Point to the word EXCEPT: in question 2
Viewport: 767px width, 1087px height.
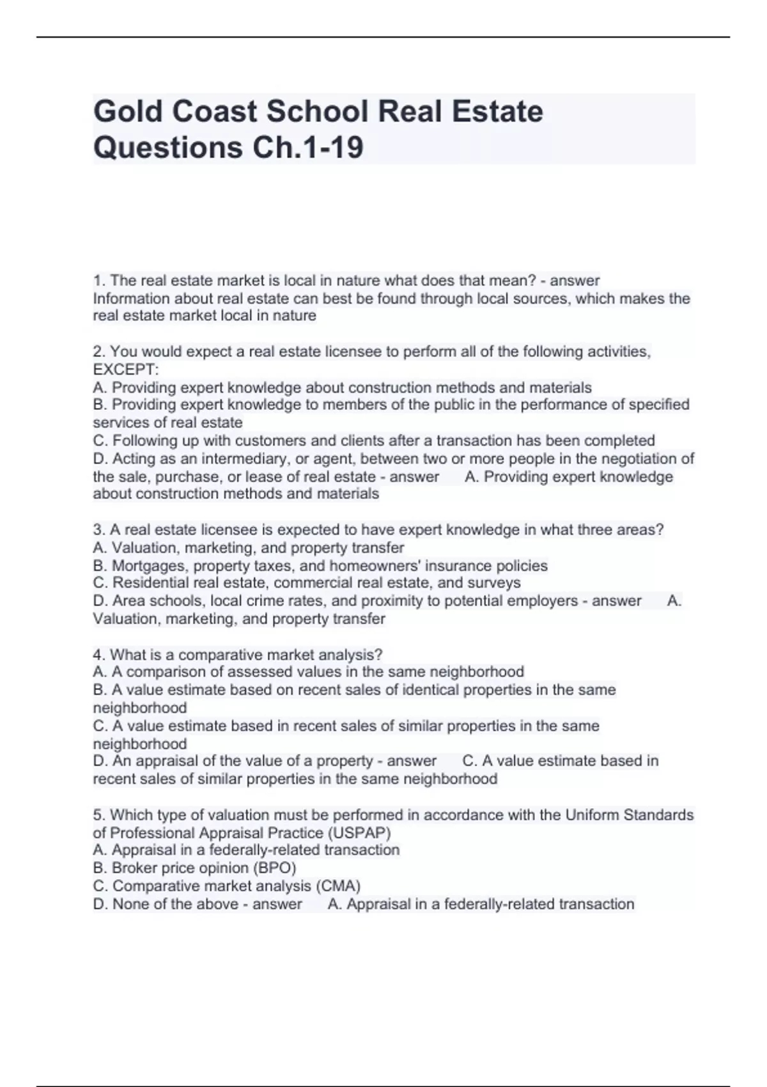(126, 370)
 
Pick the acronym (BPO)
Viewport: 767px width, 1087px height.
(275, 868)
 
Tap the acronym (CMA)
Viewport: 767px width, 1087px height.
(338, 886)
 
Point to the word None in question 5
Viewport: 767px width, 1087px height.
(131, 904)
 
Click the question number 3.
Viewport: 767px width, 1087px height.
(98, 530)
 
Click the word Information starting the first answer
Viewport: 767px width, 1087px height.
(132, 299)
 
